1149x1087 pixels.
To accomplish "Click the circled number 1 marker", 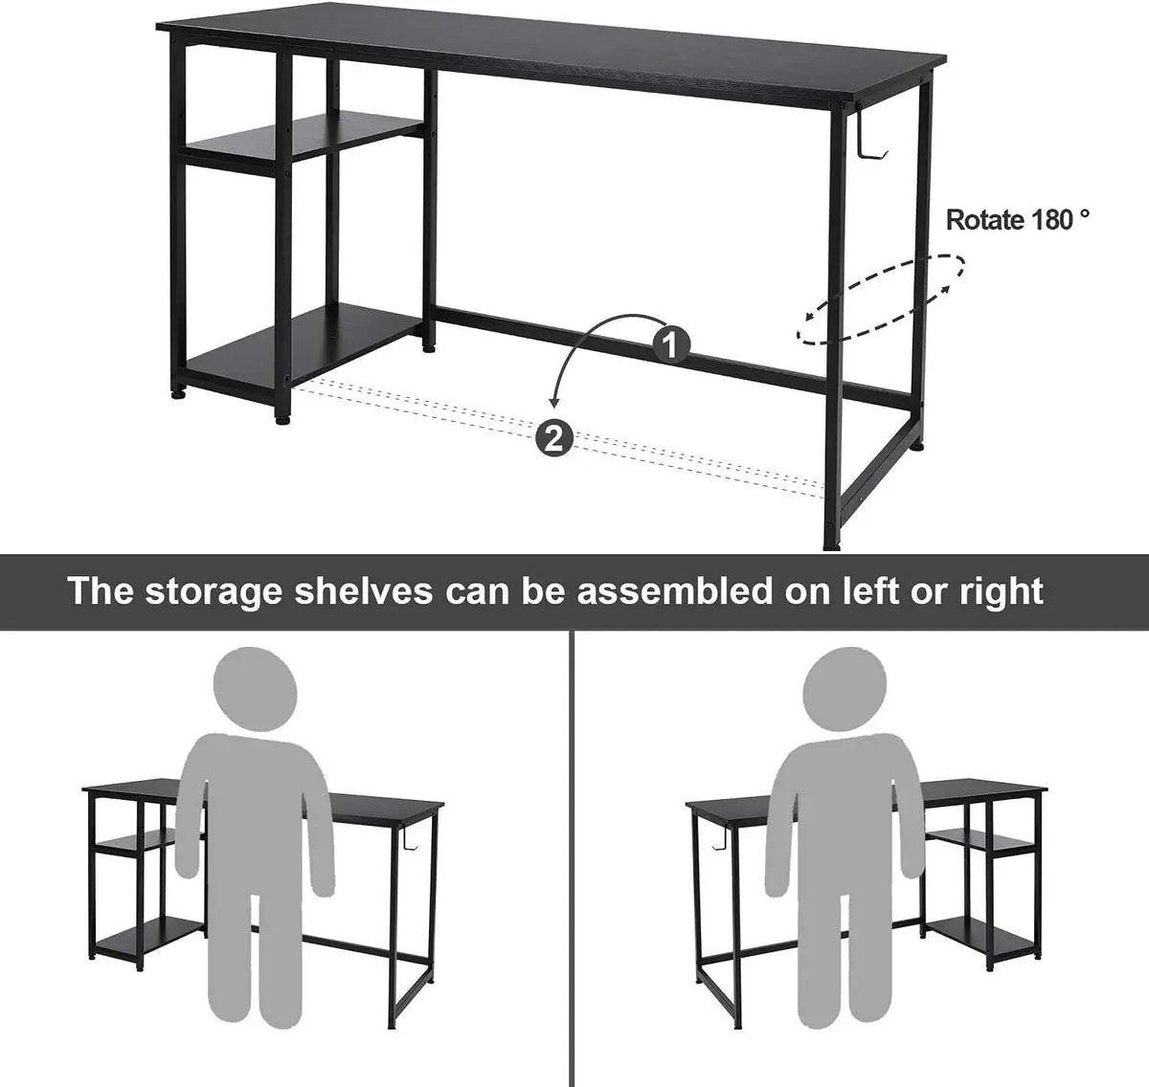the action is click(670, 344).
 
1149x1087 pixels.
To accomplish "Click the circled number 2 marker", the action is click(554, 437).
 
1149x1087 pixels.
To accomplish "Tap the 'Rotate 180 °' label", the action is click(1018, 220).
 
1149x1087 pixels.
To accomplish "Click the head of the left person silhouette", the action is click(256, 689).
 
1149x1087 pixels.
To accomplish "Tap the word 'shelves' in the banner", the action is click(364, 590).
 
